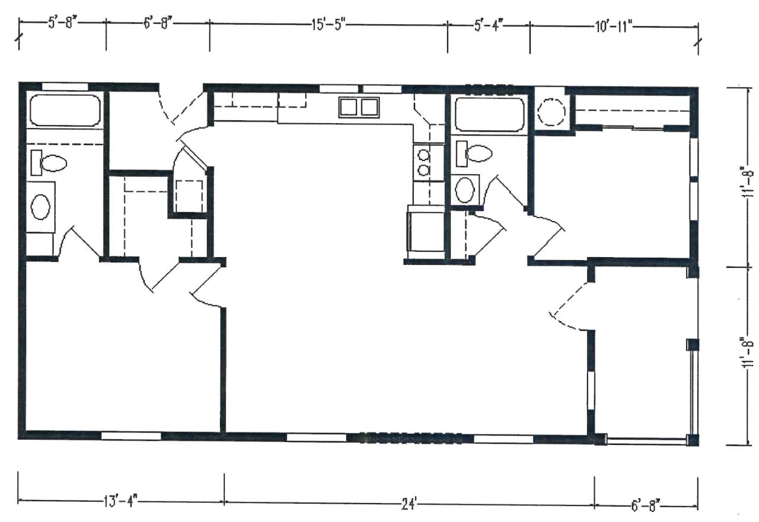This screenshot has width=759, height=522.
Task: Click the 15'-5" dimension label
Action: click(x=328, y=25)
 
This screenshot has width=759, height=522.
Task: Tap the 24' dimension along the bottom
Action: click(x=409, y=505)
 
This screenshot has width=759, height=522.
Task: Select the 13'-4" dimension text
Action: click(x=120, y=501)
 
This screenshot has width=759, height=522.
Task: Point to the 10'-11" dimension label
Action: click(x=614, y=27)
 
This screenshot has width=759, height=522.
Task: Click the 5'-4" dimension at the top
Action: click(x=489, y=25)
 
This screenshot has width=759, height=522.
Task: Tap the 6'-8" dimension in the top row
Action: click(x=158, y=24)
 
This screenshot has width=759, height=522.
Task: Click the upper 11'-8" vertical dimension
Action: click(x=748, y=181)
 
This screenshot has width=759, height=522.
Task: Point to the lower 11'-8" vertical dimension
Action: click(x=748, y=352)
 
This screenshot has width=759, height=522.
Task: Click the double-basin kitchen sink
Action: click(x=359, y=107)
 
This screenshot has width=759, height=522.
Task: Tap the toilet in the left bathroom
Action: click(x=49, y=163)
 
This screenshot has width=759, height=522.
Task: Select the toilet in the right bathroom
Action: click(x=474, y=153)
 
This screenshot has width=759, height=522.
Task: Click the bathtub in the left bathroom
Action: click(x=65, y=111)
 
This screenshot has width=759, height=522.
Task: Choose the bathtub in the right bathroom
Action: click(x=490, y=114)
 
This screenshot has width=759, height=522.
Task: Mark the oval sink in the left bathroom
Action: click(x=41, y=207)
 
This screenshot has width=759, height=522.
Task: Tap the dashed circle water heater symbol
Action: click(x=551, y=112)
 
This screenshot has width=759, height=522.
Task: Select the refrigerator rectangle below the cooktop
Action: click(x=426, y=232)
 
